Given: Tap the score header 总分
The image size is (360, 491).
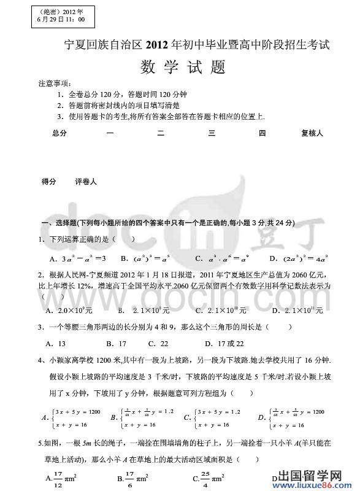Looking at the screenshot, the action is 59,133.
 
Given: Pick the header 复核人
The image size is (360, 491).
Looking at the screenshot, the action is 312,133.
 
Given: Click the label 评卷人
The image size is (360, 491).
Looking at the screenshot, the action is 85,182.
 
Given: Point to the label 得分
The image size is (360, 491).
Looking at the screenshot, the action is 48,182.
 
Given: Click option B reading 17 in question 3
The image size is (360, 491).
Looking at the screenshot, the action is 116,343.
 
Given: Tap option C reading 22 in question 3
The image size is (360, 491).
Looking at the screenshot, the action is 158,343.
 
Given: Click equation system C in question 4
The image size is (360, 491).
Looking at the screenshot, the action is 213,417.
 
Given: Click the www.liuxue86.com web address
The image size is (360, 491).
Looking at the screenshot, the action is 318,484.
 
